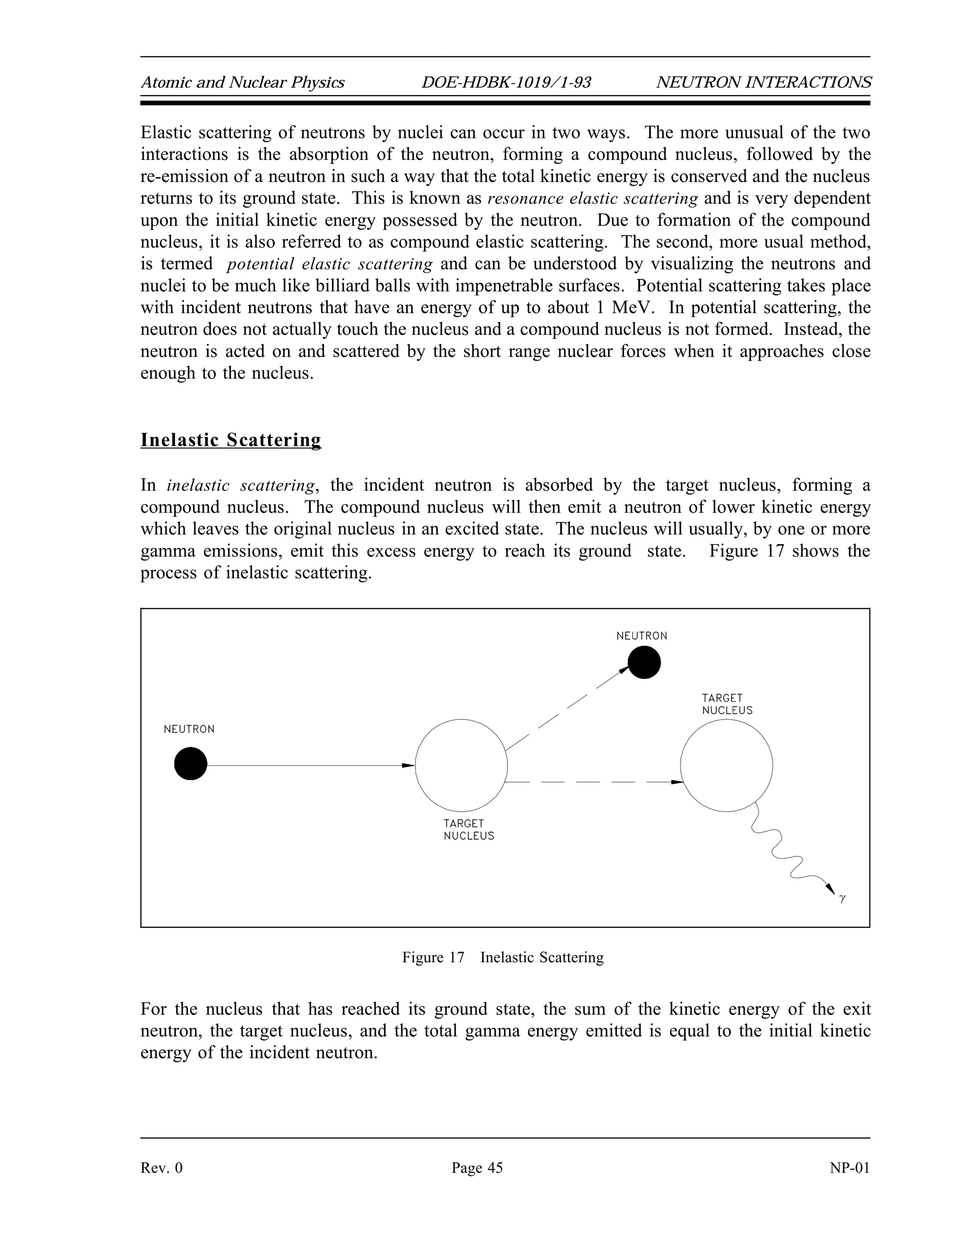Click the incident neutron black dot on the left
point(191,764)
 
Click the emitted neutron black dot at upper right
point(644,662)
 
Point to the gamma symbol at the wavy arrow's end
point(843,898)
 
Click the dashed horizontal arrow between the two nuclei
point(594,782)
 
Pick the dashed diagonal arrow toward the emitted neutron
point(566,710)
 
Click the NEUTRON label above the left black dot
point(189,729)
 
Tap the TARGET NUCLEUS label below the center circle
point(469,830)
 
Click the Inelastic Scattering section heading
point(230,440)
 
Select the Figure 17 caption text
point(502,958)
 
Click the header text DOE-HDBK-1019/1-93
point(506,83)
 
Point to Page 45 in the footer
point(477,1168)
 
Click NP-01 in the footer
point(849,1168)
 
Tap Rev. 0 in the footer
point(161,1168)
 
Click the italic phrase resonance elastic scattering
point(592,199)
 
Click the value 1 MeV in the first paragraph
point(624,308)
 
